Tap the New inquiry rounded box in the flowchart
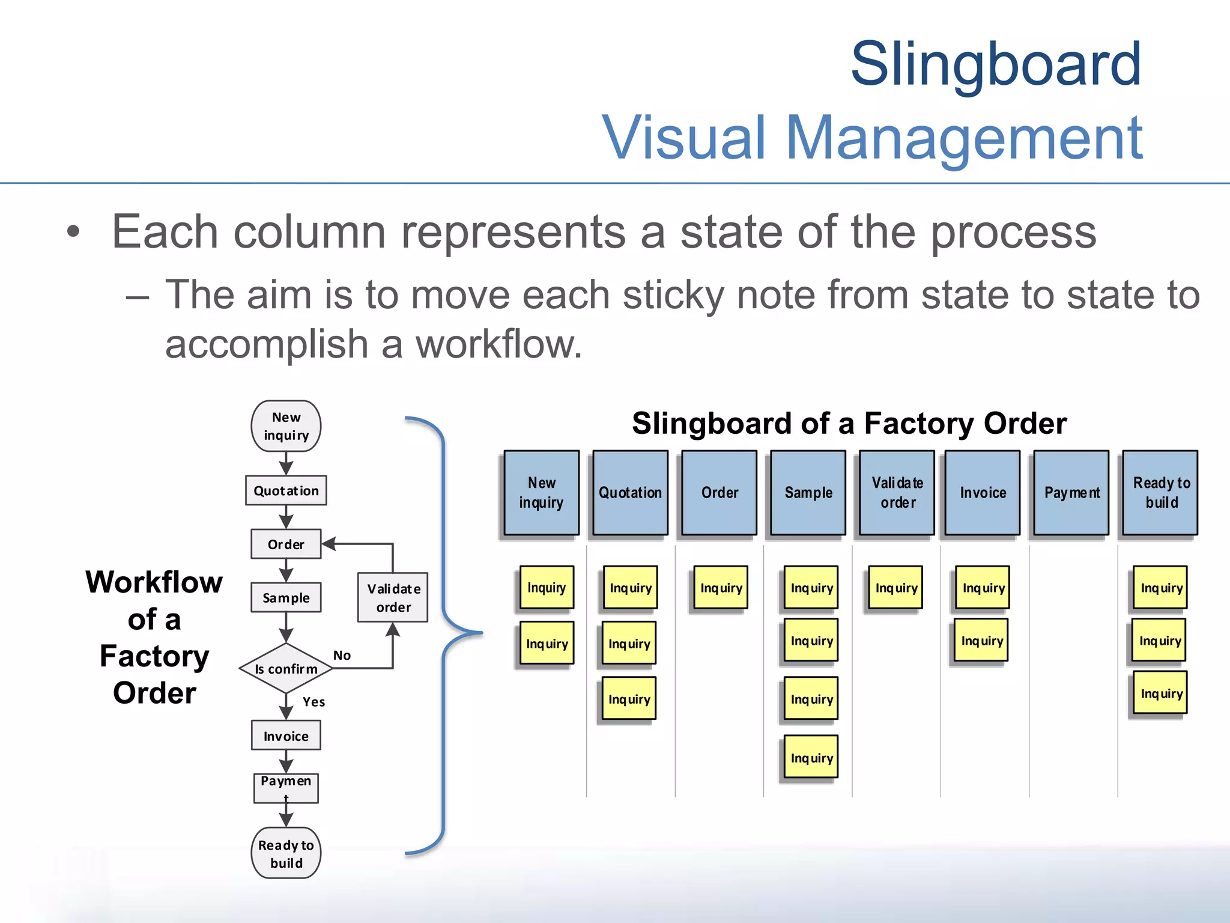(x=286, y=426)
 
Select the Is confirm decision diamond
(x=286, y=668)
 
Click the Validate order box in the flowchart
(x=393, y=597)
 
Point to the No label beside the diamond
(x=342, y=655)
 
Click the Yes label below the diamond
(x=314, y=702)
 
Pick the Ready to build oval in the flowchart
(x=286, y=853)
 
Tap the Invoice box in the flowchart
(x=286, y=736)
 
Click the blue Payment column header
(x=1071, y=493)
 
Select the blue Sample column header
(x=808, y=493)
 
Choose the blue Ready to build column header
(x=1160, y=493)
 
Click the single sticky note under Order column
(x=721, y=588)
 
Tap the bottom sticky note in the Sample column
(x=811, y=758)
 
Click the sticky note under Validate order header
(x=895, y=588)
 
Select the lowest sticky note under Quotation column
(x=629, y=699)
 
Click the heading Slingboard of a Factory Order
(x=849, y=423)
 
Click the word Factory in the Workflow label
(x=154, y=656)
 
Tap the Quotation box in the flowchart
(x=286, y=490)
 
